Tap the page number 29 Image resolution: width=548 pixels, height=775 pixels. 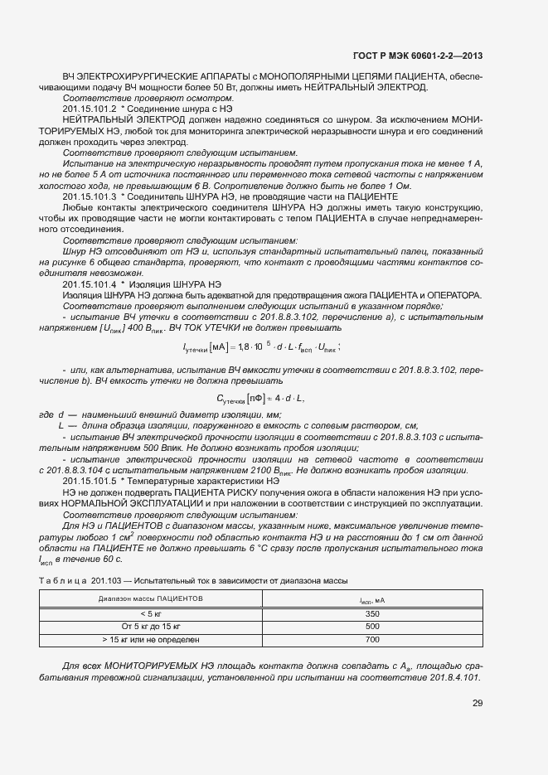tap(478, 704)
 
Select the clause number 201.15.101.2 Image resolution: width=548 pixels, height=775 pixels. tap(89, 109)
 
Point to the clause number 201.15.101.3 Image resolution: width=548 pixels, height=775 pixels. tap(89, 196)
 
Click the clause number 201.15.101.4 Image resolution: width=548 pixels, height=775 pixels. tap(89, 283)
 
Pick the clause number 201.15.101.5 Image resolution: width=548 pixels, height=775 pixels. tap(89, 481)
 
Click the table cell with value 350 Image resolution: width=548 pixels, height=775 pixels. tap(372, 613)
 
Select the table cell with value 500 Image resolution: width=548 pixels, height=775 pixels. tap(372, 627)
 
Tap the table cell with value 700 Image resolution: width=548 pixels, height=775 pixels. tap(372, 640)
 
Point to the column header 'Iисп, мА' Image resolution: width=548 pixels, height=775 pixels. tap(372, 598)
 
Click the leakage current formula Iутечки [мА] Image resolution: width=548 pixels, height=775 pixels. tap(262, 347)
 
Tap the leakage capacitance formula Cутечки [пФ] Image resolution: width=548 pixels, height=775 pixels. tap(261, 399)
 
